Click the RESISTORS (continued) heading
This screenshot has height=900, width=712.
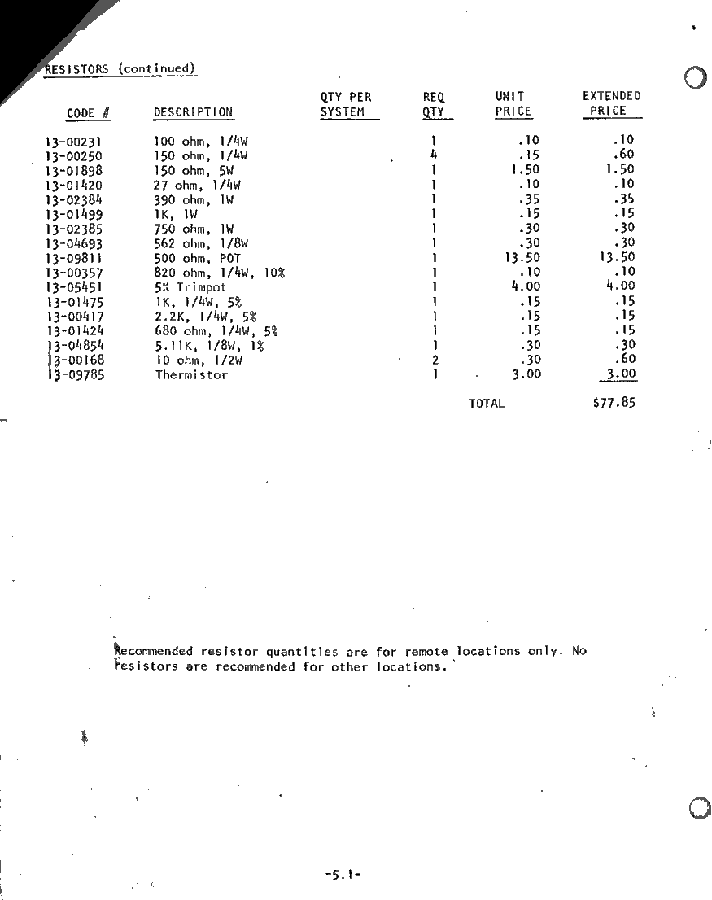[120, 69]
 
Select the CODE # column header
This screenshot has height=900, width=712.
[89, 113]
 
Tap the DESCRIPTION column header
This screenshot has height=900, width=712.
[193, 112]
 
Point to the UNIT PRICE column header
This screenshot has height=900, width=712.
[513, 104]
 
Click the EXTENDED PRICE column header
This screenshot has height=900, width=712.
[611, 103]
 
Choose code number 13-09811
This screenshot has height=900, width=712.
[74, 258]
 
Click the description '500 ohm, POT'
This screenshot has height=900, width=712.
[197, 258]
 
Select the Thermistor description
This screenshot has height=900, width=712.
[191, 375]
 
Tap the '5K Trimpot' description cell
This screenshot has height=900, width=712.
[190, 287]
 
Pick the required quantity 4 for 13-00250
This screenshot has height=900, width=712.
[435, 155]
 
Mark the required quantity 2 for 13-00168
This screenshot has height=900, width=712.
[435, 360]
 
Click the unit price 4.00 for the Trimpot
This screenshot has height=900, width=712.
[526, 286]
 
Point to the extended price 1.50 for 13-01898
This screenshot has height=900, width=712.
[620, 169]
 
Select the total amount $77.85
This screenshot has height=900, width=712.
[614, 402]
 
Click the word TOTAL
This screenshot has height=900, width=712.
[487, 403]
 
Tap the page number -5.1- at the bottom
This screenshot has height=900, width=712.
[342, 875]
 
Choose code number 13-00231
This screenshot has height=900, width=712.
[74, 141]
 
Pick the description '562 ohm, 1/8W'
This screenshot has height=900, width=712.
[201, 243]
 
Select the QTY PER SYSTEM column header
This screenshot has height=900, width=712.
[347, 104]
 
